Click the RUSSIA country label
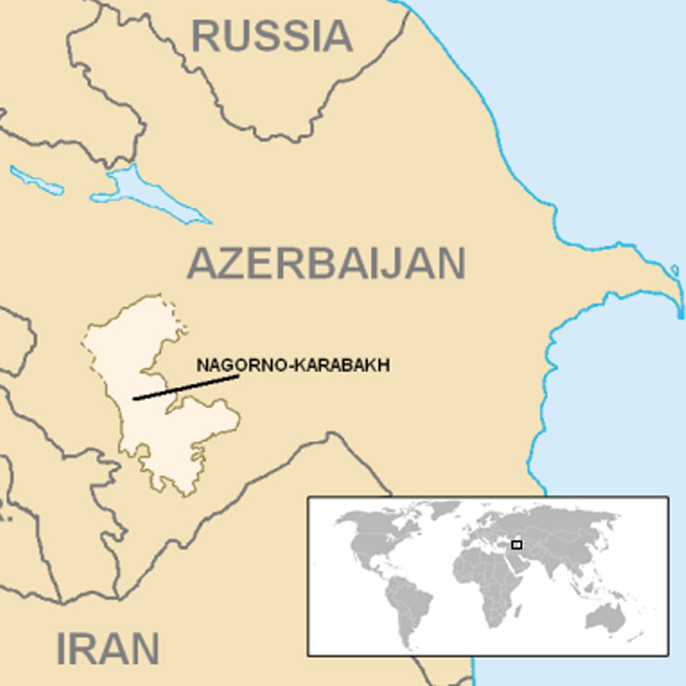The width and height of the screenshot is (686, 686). click(272, 36)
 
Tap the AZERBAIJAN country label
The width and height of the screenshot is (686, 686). click(326, 264)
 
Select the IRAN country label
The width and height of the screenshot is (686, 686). click(107, 649)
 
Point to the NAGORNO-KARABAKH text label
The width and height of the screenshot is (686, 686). click(293, 365)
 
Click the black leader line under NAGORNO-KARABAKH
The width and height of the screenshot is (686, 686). click(186, 386)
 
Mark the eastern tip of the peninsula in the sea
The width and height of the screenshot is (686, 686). click(681, 305)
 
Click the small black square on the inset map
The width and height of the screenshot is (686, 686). click(517, 544)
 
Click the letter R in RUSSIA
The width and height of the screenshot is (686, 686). click(206, 36)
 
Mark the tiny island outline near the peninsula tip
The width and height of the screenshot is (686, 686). click(675, 270)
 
